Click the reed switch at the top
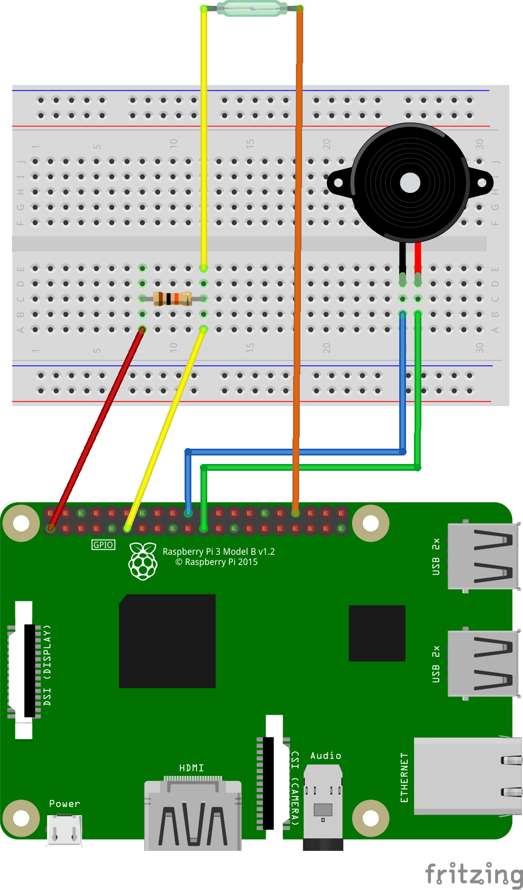pyautogui.click(x=252, y=8)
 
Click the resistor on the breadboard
pyautogui.click(x=172, y=298)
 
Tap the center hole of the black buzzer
pyautogui.click(x=410, y=183)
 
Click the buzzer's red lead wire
pyautogui.click(x=418, y=258)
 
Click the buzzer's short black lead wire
pyautogui.click(x=403, y=258)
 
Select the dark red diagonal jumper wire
pyautogui.click(x=97, y=428)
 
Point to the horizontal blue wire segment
pyautogui.click(x=295, y=452)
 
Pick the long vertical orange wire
pyautogui.click(x=296, y=255)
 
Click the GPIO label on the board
pyautogui.click(x=103, y=545)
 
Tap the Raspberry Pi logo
pyautogui.click(x=143, y=561)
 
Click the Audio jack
pyautogui.click(x=323, y=805)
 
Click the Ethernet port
pyautogui.click(x=466, y=776)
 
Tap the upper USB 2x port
pyautogui.click(x=483, y=556)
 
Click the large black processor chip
pyautogui.click(x=167, y=641)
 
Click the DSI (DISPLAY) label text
pyautogui.click(x=47, y=665)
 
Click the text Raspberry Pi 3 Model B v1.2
pyautogui.click(x=219, y=551)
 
